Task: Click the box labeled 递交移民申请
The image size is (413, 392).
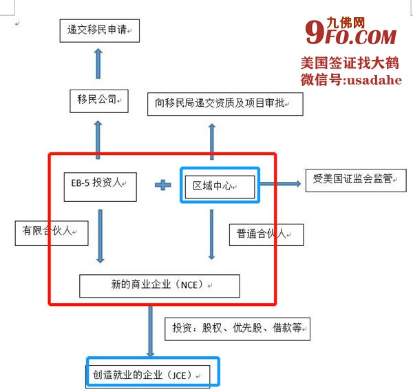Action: point(98,31)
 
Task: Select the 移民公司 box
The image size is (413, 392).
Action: point(98,101)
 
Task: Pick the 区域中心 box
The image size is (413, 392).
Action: point(220,185)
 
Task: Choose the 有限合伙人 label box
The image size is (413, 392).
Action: point(52,231)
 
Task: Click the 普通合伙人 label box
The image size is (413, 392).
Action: point(266,234)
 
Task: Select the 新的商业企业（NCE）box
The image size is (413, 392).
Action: point(160,285)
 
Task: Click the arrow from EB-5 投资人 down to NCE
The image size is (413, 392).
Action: point(100,236)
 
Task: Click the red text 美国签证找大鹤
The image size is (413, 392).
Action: point(351,63)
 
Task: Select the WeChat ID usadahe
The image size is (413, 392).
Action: point(351,79)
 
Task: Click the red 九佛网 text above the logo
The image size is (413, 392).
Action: point(364,21)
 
